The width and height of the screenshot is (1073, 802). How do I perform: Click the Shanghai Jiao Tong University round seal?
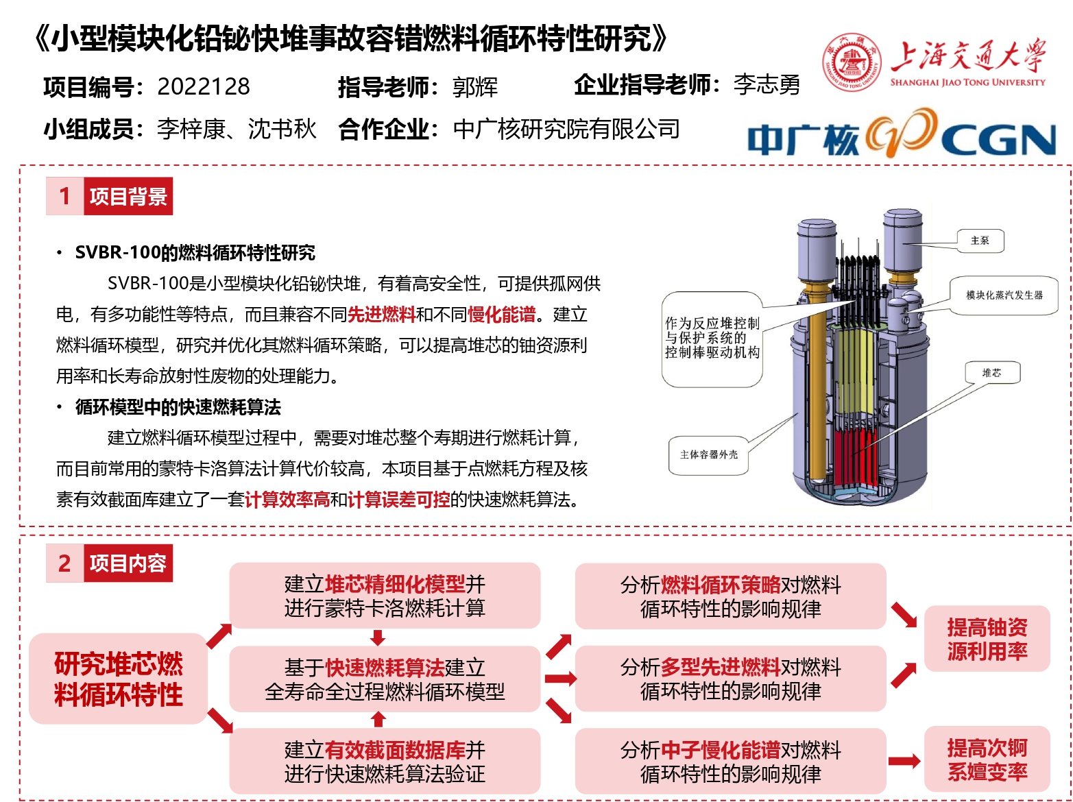(851, 62)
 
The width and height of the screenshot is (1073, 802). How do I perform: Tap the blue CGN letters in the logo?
(998, 141)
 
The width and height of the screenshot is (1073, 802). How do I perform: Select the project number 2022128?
(204, 87)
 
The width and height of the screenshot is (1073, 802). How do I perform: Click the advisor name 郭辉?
(474, 88)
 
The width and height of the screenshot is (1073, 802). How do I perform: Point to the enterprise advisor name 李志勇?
(766, 84)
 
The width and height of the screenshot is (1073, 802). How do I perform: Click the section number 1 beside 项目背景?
(65, 196)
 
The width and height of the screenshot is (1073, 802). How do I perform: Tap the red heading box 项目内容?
(128, 563)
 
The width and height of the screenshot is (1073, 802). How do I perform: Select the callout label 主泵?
(980, 241)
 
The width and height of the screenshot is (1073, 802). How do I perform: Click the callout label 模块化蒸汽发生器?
(1004, 295)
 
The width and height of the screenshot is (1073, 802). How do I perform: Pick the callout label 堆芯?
(992, 373)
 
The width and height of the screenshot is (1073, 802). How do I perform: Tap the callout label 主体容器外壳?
(708, 455)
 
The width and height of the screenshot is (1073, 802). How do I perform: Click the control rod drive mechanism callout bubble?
(712, 339)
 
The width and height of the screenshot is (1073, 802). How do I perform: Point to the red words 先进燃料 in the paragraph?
(381, 314)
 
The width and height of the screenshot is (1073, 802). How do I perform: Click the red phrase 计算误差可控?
(398, 500)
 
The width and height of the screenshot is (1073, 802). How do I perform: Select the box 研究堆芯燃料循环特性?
(119, 679)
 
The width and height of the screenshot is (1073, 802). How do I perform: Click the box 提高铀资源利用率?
(987, 639)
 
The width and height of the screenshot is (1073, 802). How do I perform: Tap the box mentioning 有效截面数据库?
(385, 762)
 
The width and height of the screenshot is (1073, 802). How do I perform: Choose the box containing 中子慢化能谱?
(730, 762)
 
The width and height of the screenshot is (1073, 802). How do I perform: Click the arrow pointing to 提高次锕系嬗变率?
(904, 761)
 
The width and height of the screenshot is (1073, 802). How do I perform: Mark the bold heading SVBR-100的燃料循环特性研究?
(195, 253)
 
